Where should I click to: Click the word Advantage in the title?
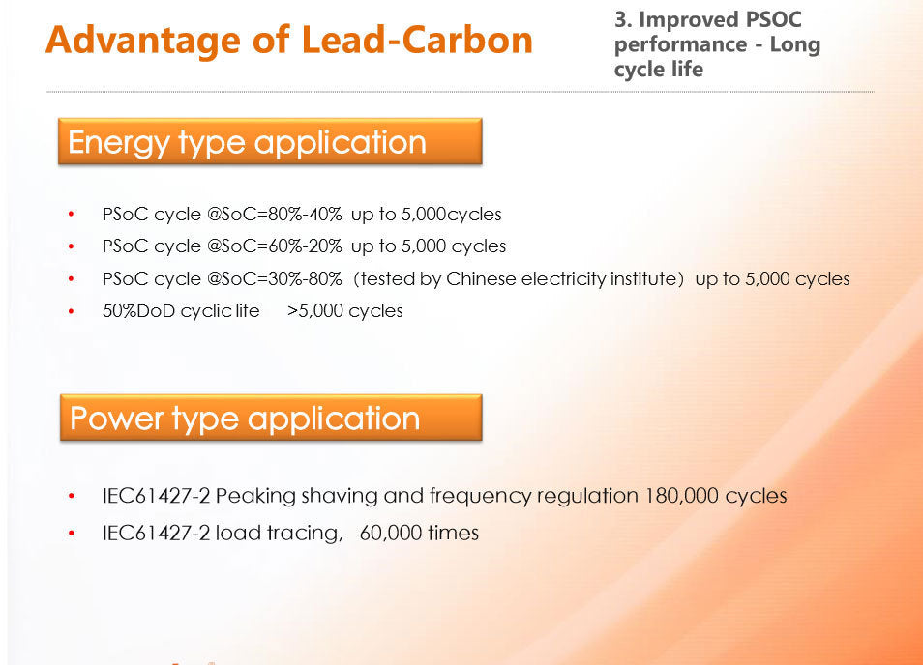point(143,41)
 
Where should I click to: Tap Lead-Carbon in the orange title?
point(417,40)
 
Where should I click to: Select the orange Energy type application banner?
point(270,141)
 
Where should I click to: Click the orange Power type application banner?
point(271,418)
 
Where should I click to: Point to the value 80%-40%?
point(305,214)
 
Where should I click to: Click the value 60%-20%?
point(305,246)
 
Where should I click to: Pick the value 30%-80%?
point(305,278)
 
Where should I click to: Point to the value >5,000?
point(315,310)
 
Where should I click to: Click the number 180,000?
point(682,496)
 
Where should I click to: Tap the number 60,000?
point(390,533)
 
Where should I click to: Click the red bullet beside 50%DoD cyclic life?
point(72,311)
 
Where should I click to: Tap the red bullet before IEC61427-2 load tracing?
point(72,534)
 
